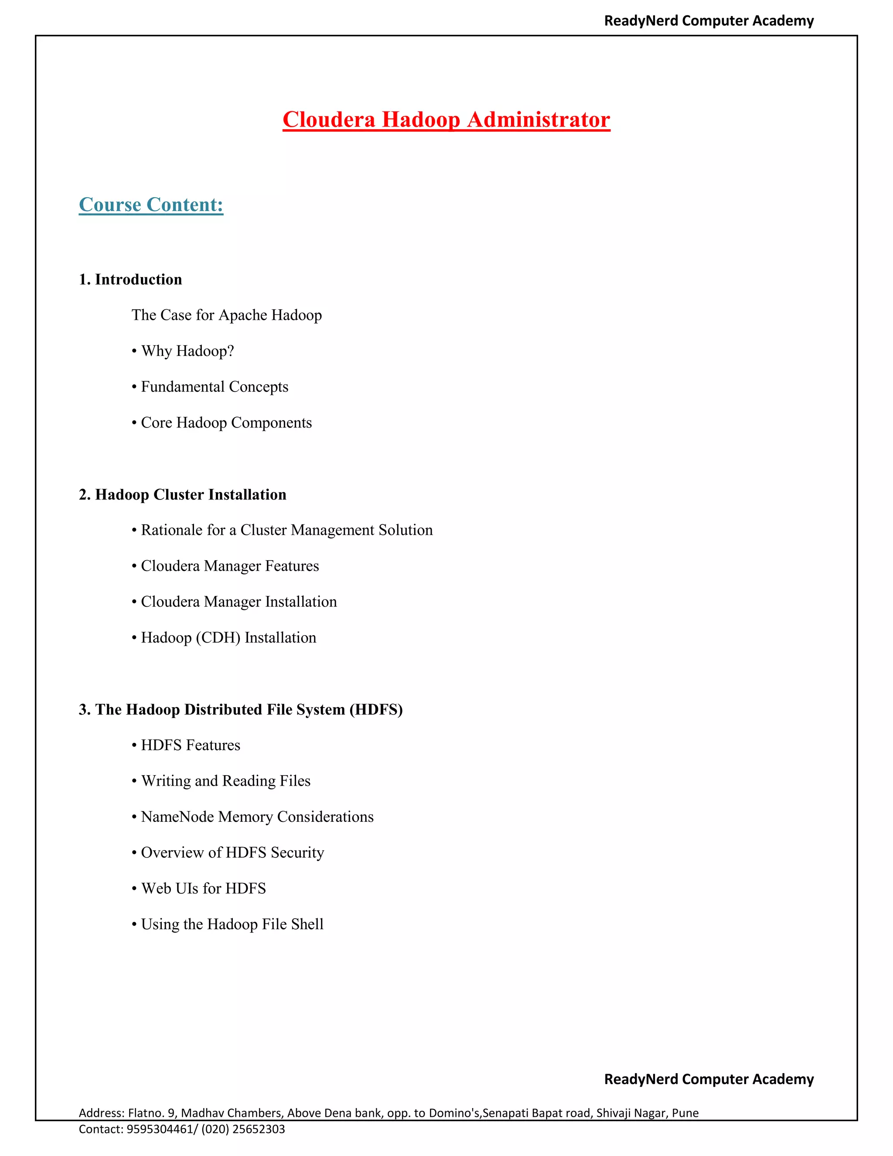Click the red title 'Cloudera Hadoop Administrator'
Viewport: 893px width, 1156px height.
(x=446, y=120)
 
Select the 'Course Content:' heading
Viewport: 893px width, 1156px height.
(x=151, y=205)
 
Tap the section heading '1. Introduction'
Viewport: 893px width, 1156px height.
(x=130, y=280)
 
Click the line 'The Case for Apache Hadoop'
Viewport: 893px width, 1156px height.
(x=226, y=315)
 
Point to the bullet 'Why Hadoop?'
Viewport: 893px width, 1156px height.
(x=187, y=351)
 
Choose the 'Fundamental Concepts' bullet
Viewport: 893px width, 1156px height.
(x=214, y=387)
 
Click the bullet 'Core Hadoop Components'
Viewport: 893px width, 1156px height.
(x=226, y=422)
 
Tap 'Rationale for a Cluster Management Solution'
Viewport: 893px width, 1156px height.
(x=286, y=530)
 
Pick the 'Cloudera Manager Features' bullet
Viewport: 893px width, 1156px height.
(x=230, y=566)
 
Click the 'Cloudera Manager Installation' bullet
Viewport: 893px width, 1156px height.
(x=239, y=602)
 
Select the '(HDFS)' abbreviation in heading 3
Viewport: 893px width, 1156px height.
(x=376, y=709)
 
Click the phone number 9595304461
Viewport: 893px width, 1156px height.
(x=159, y=1129)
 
